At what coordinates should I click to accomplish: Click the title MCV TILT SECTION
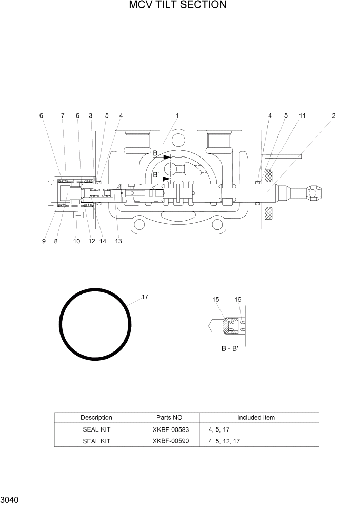coord(177,6)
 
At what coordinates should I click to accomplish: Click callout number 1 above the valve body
coord(177,116)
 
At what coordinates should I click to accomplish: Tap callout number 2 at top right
coord(333,116)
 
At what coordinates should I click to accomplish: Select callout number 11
coord(302,116)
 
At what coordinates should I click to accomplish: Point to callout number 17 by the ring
coord(145,297)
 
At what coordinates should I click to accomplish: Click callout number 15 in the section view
coord(215,299)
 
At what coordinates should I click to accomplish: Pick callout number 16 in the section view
coord(238,299)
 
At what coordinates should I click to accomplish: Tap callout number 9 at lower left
coord(44,241)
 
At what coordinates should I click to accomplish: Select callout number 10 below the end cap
coord(76,241)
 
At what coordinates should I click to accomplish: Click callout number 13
coord(118,241)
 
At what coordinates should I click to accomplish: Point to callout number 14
coord(103,241)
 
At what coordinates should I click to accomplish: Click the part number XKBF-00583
coord(171,429)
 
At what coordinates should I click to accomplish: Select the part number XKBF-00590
coord(171,441)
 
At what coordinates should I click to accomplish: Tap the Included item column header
coord(256,418)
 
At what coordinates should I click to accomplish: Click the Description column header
coord(96,418)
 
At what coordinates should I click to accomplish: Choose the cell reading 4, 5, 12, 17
coord(224,441)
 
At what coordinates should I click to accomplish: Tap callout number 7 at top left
coord(63,116)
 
